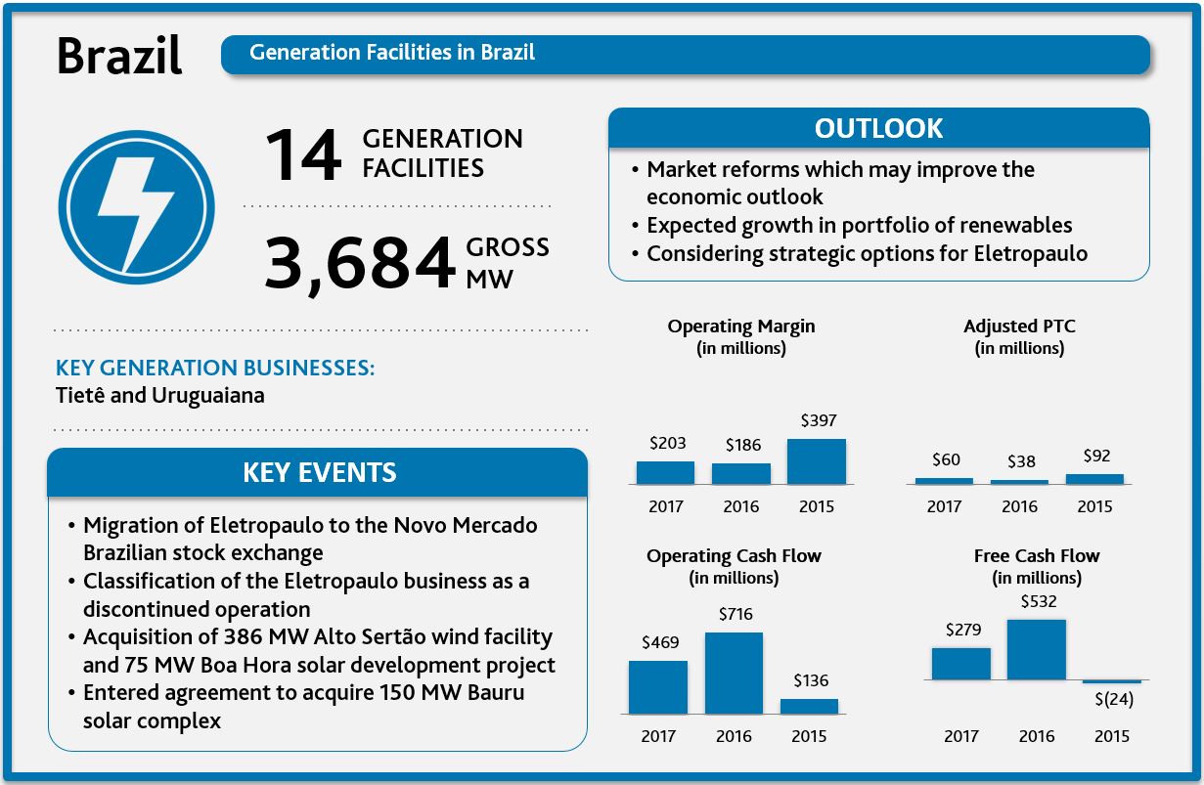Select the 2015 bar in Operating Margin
pyautogui.click(x=816, y=461)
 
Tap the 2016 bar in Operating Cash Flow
pyautogui.click(x=734, y=673)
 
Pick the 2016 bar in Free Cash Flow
pyautogui.click(x=1036, y=649)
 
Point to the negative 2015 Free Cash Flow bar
pyautogui.click(x=1112, y=680)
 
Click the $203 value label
pyautogui.click(x=666, y=443)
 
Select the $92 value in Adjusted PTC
pyautogui.click(x=1096, y=456)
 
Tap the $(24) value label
pyautogui.click(x=1114, y=700)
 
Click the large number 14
pyautogui.click(x=304, y=156)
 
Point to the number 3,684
pyautogui.click(x=360, y=265)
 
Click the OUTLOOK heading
pyautogui.click(x=878, y=129)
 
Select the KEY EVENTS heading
pyautogui.click(x=319, y=473)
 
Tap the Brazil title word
pyautogui.click(x=119, y=57)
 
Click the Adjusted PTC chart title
pyautogui.click(x=1019, y=327)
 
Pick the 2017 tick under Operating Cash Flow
pyautogui.click(x=658, y=736)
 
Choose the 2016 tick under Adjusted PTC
pyautogui.click(x=1019, y=506)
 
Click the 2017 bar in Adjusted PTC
pyautogui.click(x=944, y=480)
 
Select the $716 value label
pyautogui.click(x=736, y=614)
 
